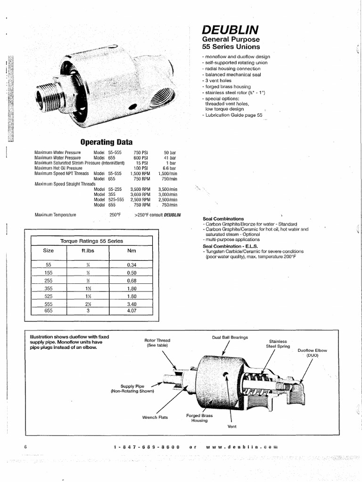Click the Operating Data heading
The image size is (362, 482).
[107, 142]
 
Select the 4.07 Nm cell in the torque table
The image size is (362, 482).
[132, 311]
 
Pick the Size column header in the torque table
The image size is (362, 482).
[48, 251]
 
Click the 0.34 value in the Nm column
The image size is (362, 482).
[132, 265]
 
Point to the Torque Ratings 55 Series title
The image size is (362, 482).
[91, 241]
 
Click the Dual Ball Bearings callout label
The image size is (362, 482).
[230, 337]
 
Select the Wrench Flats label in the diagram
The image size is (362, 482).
[155, 417]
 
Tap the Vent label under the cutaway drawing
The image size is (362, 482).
[231, 426]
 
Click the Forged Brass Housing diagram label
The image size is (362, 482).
[199, 418]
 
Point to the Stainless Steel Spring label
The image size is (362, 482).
[278, 344]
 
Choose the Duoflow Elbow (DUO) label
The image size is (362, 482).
[312, 353]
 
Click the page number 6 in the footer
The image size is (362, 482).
[25, 446]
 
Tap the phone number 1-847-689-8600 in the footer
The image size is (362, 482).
[147, 446]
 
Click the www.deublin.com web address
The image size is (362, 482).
[241, 446]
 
